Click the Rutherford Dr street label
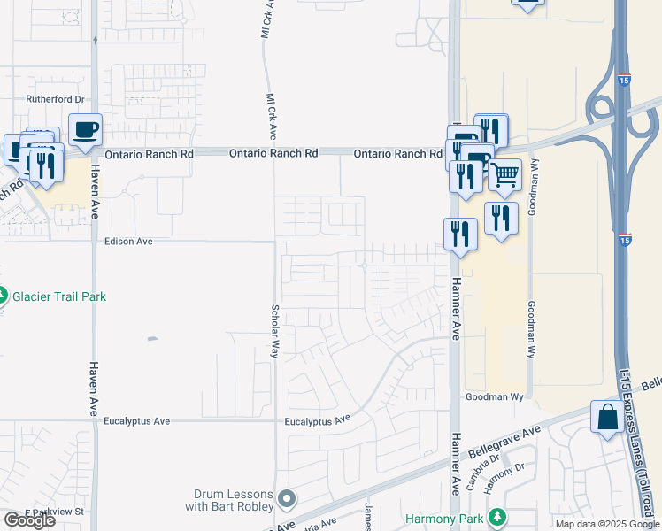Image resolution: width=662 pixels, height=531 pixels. [x=54, y=100]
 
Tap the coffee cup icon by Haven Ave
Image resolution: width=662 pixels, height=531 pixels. [x=86, y=130]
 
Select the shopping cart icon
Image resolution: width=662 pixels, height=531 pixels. [x=504, y=175]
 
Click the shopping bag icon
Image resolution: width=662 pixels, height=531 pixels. [x=608, y=417]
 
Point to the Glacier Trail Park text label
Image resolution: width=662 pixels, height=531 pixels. [x=59, y=296]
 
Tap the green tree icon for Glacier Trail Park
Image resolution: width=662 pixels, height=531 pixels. [x=4, y=296]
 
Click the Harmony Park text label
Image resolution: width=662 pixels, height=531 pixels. [x=448, y=518]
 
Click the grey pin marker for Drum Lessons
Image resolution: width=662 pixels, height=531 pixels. [x=286, y=500]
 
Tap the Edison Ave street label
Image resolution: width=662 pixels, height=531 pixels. [x=128, y=241]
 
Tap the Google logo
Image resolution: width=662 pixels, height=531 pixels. [x=29, y=520]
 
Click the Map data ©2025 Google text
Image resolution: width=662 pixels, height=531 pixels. [x=607, y=524]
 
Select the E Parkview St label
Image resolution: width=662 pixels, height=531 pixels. [x=55, y=512]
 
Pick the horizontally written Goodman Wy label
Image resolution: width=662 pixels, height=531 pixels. [x=495, y=397]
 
